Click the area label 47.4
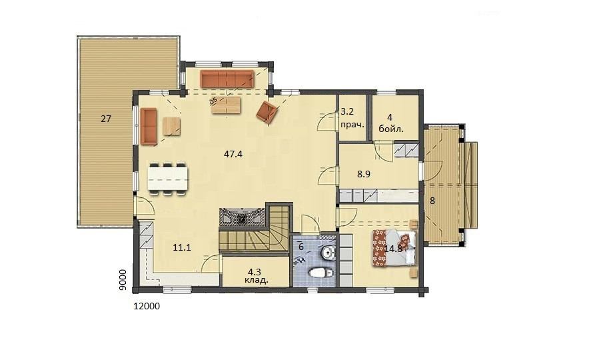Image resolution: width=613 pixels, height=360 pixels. pos(233,154)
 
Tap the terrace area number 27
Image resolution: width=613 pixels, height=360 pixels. pos(106,119)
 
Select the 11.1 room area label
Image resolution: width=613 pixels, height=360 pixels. pos(182,247)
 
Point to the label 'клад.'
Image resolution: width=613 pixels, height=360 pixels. pos(256,280)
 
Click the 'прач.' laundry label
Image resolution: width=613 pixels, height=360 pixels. pos(352,125)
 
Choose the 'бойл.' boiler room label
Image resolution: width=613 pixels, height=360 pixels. pos(391,129)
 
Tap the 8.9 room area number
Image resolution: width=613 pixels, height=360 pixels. pos(364,174)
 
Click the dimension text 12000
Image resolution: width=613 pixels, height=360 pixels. pos(147,306)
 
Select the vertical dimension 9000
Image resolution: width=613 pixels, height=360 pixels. pos(123,280)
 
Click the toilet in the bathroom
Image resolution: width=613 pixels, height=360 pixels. pos(319,273)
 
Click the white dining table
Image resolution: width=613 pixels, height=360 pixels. pos(168,179)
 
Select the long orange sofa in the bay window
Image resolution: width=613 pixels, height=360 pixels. pos(227,79)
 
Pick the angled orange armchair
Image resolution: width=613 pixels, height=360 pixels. pos(267,111)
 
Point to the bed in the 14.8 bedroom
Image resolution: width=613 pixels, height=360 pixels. pos(394,249)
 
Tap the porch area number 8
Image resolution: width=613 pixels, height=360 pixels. pos(432,201)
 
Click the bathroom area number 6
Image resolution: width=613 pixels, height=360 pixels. pos(301,247)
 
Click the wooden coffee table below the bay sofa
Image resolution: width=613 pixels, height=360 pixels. pos(226,105)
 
